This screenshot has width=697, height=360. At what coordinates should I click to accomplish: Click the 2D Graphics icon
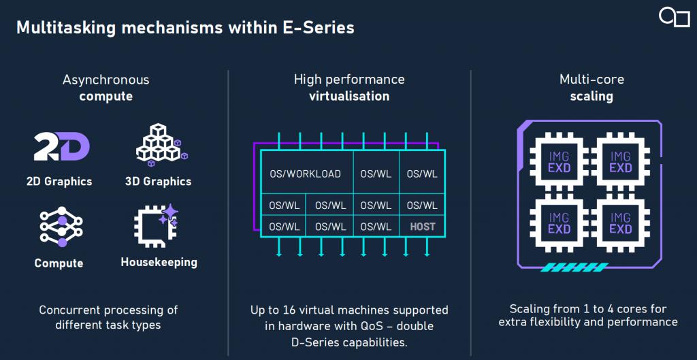pos(62,148)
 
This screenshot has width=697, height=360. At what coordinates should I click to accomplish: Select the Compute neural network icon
pos(61,227)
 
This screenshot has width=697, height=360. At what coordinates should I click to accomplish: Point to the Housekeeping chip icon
pos(156,225)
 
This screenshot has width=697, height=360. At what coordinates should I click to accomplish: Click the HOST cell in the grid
pos(422,227)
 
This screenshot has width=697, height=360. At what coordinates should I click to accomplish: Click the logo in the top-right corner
pos(675,18)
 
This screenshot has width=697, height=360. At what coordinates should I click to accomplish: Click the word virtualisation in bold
pos(349,96)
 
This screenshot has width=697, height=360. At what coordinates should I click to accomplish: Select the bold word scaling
pos(591,97)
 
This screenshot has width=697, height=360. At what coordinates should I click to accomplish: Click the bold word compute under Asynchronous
pos(106,97)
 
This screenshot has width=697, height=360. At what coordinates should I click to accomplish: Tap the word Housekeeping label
pos(159,262)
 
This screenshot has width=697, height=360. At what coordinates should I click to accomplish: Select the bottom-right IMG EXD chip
pos(621,223)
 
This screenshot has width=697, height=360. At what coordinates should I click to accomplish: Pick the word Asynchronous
pos(106,80)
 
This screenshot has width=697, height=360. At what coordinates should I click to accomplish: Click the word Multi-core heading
pos(591,80)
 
